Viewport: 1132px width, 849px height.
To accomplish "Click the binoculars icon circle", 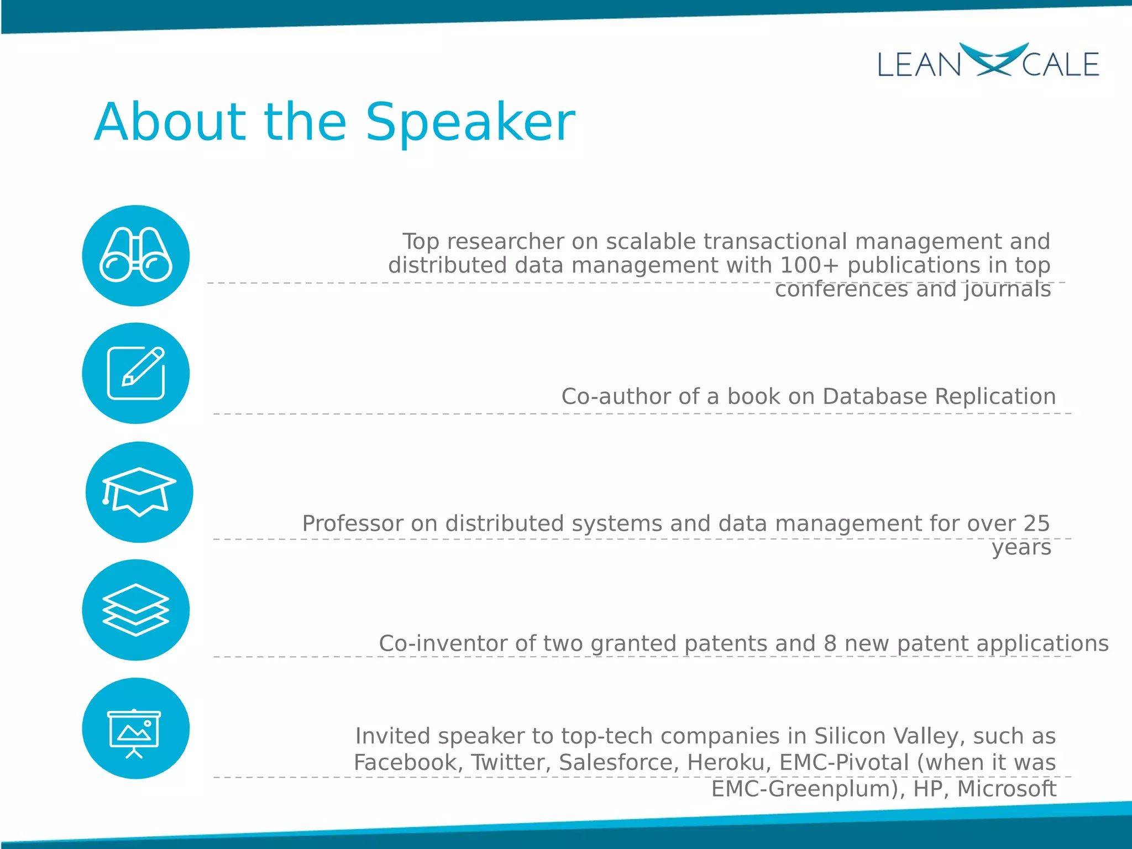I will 135,255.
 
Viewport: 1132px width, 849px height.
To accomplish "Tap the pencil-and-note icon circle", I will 135,373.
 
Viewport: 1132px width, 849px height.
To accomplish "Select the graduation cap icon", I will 139,492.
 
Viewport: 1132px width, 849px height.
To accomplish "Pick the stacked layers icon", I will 135,610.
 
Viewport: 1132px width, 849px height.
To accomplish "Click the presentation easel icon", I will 135,729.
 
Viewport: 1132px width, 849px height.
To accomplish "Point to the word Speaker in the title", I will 470,123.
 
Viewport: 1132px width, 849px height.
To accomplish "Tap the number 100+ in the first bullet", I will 809,265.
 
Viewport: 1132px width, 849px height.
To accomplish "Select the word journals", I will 1008,289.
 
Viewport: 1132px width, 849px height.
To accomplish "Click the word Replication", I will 995,396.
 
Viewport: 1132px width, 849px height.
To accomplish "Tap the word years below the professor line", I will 1021,548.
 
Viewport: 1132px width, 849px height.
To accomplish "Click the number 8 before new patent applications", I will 830,643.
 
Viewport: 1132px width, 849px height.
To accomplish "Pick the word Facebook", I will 406,763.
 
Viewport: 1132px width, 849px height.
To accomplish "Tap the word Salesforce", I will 618,763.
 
